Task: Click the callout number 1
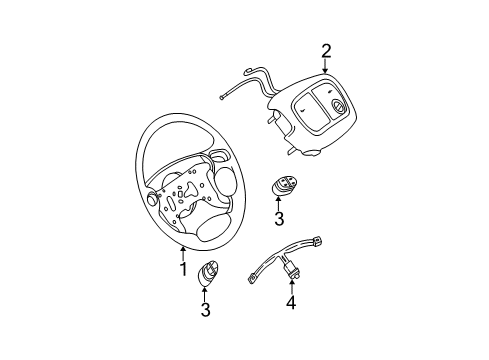pos(183,269)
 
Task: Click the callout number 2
pos(326,51)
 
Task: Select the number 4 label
pos(291,302)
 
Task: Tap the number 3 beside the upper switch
pos(279,219)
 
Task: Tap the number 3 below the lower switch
pos(205,309)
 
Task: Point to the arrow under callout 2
pos(325,66)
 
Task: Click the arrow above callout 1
pos(183,253)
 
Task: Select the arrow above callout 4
pos(292,287)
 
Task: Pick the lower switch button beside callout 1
pos(207,274)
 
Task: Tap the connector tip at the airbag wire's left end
pos(222,97)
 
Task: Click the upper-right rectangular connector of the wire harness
pos(317,240)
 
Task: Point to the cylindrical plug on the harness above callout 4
pos(289,269)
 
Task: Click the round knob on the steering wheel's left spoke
pos(152,198)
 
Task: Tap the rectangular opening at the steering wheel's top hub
pos(220,155)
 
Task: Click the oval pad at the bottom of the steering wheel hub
pos(211,230)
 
